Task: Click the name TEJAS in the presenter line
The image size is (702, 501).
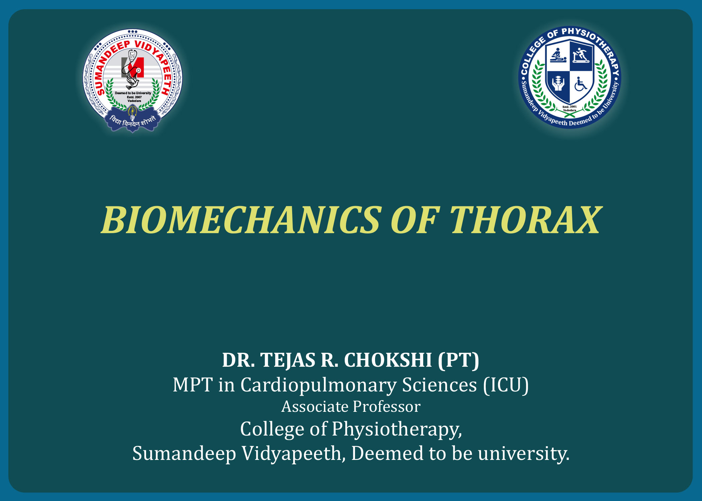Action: [x=288, y=360]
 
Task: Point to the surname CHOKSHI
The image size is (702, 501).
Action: [x=388, y=360]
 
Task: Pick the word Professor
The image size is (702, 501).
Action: [x=386, y=407]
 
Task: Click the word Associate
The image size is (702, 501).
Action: [x=315, y=407]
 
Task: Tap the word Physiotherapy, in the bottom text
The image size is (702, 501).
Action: [x=397, y=430]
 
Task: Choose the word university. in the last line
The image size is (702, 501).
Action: [x=524, y=454]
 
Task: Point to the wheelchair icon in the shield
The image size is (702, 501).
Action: [x=581, y=84]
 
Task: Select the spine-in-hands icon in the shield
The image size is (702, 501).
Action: [x=558, y=83]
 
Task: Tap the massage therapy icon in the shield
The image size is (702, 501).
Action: [x=558, y=55]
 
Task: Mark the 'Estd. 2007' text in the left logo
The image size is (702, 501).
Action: [x=134, y=97]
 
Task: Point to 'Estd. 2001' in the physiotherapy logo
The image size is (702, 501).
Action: [x=570, y=107]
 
